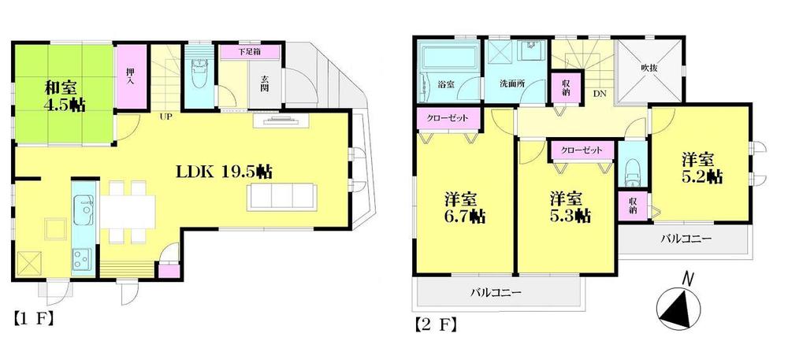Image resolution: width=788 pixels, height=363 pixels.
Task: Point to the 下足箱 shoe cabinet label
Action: coord(251,52)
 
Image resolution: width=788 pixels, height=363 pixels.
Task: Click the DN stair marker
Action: coord(600,93)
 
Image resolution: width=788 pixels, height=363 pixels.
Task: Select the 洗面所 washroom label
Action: coord(513,84)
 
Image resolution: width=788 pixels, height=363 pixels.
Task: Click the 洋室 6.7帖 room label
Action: coord(461,206)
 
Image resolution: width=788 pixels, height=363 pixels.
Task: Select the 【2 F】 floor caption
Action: coord(433,324)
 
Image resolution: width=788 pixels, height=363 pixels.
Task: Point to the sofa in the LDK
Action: coord(281,195)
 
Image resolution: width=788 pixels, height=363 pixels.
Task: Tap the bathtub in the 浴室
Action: coord(445,58)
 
